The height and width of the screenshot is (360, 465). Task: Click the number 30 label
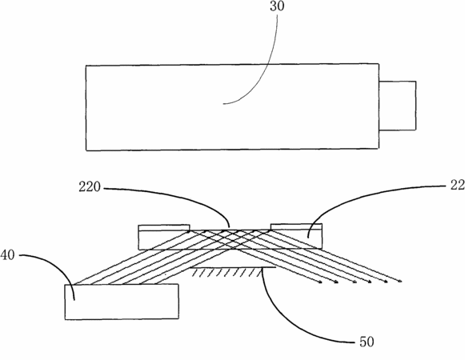[x=277, y=6]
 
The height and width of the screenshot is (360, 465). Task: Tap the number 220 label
[x=90, y=187]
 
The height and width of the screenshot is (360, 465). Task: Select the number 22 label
[x=458, y=185]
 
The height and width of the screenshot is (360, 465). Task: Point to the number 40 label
[x=7, y=254]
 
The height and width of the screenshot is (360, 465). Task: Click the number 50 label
[x=367, y=342]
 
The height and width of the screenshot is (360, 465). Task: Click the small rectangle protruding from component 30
[x=398, y=106]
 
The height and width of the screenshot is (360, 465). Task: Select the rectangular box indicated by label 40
[x=122, y=302]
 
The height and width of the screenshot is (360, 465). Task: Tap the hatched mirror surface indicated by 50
[x=233, y=271]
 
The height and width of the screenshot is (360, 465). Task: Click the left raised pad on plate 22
[x=164, y=228]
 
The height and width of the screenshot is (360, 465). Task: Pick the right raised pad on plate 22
[x=296, y=226]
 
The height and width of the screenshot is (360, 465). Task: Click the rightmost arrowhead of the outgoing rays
[x=399, y=281]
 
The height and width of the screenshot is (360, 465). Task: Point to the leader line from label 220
[x=183, y=197]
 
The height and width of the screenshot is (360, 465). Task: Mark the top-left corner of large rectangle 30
[x=86, y=66]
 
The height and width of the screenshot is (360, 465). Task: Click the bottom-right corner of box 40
[x=178, y=318]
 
